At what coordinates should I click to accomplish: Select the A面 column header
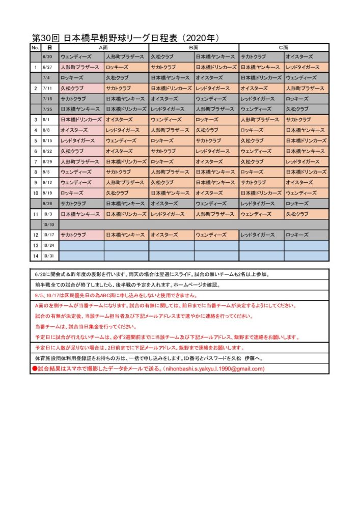(x=104, y=47)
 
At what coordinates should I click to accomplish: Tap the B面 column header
(x=193, y=47)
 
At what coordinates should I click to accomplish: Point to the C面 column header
(x=284, y=47)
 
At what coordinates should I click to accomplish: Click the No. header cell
(x=35, y=47)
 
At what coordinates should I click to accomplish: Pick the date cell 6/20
(x=48, y=56)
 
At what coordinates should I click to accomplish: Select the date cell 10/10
(x=49, y=224)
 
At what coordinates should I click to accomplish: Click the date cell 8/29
(x=48, y=161)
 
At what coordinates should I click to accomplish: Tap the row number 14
(x=36, y=256)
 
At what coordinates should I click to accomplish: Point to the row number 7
(x=36, y=161)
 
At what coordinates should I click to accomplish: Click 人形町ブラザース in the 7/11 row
(x=305, y=88)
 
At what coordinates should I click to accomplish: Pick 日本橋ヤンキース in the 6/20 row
(x=215, y=56)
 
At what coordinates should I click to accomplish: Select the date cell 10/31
(x=49, y=256)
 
